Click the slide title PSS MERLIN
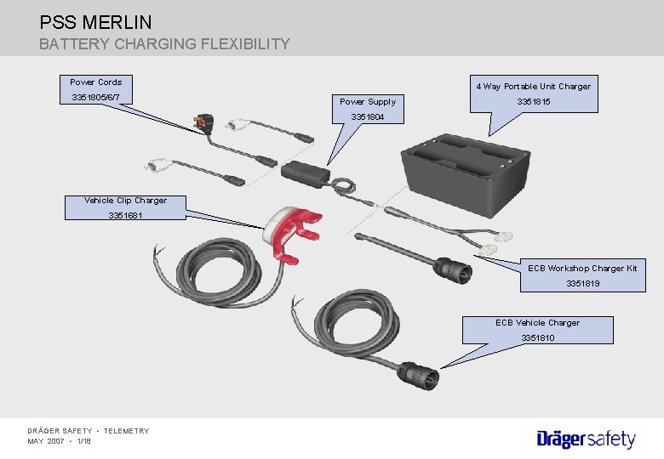coord(95,22)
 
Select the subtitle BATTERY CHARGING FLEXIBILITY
coord(164,43)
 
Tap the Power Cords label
coord(95,82)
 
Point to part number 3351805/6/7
coord(95,99)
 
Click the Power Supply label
coord(368,102)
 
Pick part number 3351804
coord(368,117)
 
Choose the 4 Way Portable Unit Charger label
coord(533,86)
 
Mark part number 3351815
coord(533,102)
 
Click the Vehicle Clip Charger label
coord(125,201)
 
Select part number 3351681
coord(125,216)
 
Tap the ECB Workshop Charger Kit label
coord(582,269)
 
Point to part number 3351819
coord(582,284)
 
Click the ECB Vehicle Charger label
coord(537,323)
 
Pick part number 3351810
coord(537,338)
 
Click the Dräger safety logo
coord(586,439)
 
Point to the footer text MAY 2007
coord(46,441)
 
